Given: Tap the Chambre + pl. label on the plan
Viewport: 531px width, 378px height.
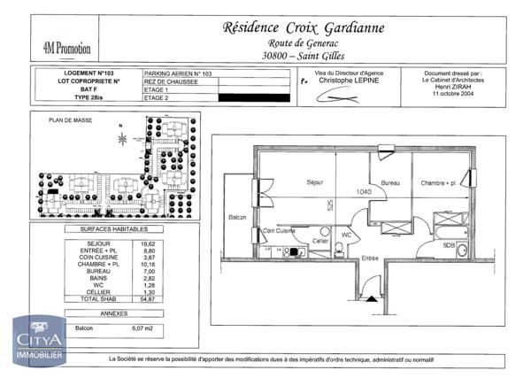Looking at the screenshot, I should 438,182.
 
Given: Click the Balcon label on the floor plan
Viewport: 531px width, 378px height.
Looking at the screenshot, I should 237,217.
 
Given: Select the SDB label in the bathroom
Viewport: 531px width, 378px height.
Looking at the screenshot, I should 449,245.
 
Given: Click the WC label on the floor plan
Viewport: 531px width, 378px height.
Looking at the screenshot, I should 347,235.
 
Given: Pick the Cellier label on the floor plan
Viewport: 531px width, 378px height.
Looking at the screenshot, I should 320,241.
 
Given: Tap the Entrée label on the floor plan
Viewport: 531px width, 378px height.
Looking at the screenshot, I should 369,258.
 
